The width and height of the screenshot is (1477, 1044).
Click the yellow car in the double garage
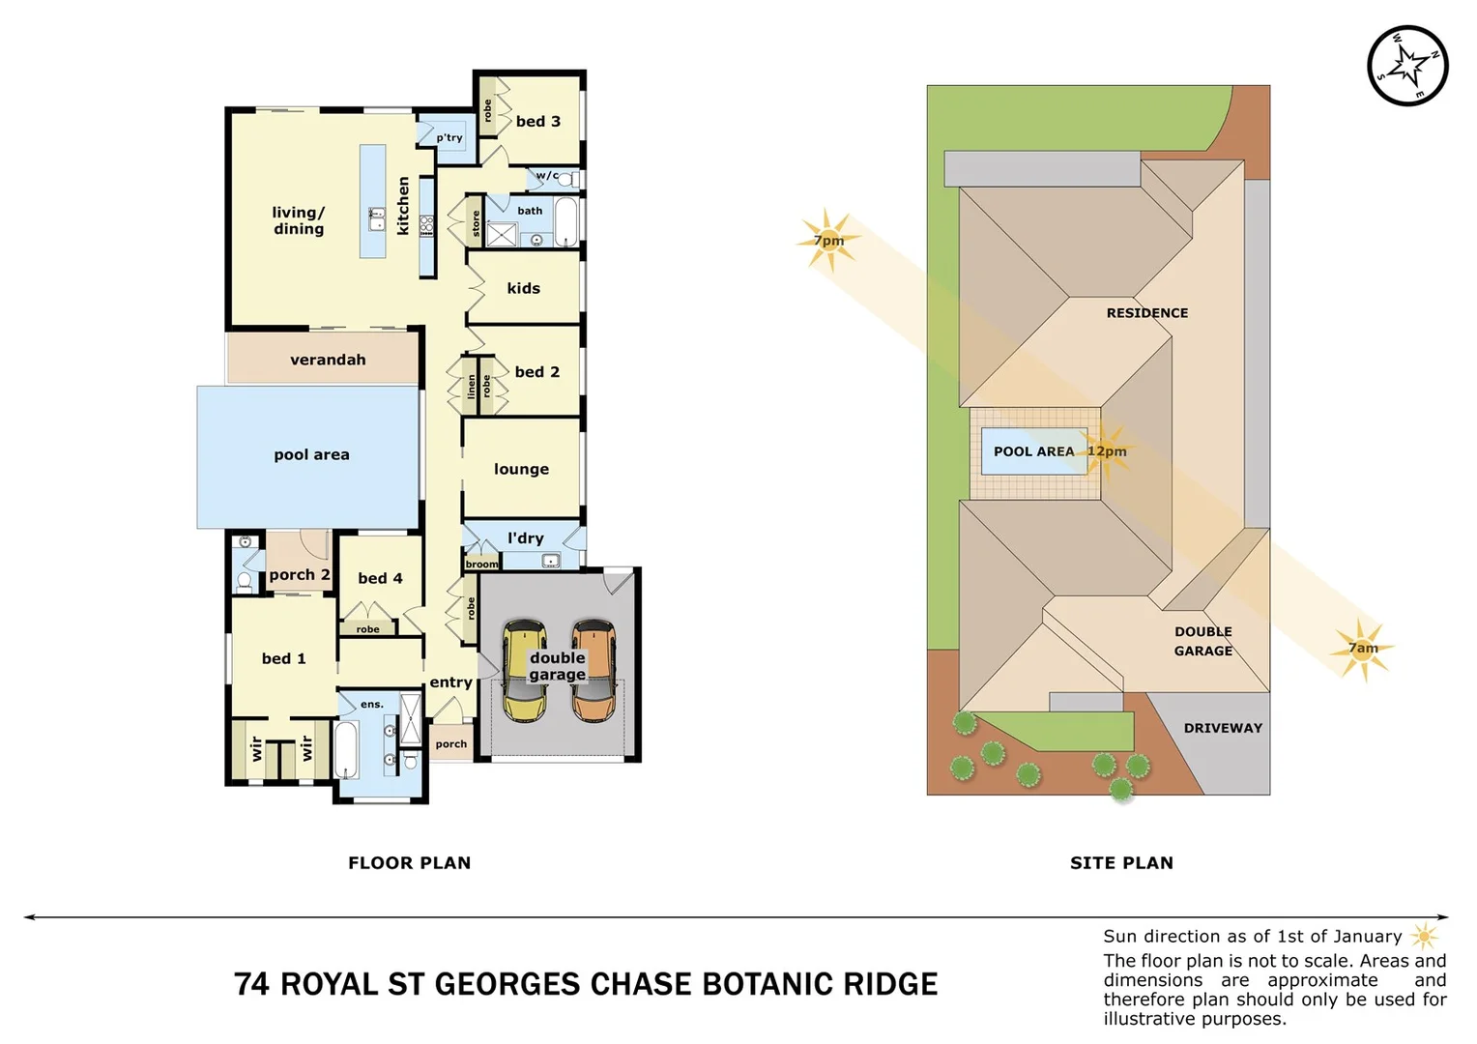coord(524,671)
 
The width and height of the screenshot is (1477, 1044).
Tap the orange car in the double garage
coord(593,671)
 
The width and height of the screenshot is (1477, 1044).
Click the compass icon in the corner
coord(1407,66)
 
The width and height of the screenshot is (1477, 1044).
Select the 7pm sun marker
coord(828,241)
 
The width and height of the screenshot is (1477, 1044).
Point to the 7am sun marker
coord(1363,649)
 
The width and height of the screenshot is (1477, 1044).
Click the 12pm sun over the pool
coord(1107,451)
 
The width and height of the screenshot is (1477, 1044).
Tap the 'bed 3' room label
coord(537,122)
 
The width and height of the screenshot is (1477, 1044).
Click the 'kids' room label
coord(523,288)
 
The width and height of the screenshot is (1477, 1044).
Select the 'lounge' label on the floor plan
coord(521,469)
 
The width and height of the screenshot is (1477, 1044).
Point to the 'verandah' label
coord(328,360)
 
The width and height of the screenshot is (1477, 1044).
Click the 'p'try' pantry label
coord(449,138)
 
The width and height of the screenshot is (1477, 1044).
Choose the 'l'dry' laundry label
coord(526,538)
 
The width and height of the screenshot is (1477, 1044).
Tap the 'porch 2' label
coord(300,574)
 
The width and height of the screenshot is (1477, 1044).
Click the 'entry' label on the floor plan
coord(450,682)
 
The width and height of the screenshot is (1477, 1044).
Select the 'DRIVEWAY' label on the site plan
coord(1223,728)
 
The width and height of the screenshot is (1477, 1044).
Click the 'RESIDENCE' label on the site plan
coord(1147,313)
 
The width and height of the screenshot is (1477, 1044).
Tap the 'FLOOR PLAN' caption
coord(410,863)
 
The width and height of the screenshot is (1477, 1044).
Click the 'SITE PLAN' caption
coord(1121,863)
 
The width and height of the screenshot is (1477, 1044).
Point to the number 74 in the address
coord(251,984)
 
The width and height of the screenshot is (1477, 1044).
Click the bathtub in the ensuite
coord(347,749)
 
